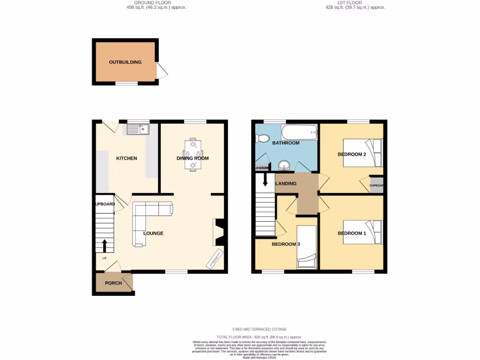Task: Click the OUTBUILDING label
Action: point(125,62)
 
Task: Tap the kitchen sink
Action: point(137,129)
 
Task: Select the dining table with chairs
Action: point(192,155)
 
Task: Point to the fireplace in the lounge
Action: point(220,232)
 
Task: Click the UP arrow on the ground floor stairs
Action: point(104,245)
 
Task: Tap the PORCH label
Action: point(113,283)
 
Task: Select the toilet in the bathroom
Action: point(262,138)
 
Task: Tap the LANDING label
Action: point(286,184)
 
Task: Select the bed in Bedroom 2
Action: point(363,153)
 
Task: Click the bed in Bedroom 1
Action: point(363,232)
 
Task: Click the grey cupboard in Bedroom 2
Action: point(376,185)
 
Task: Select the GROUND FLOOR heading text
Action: point(152,3)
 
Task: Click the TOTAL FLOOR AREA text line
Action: point(259,337)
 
